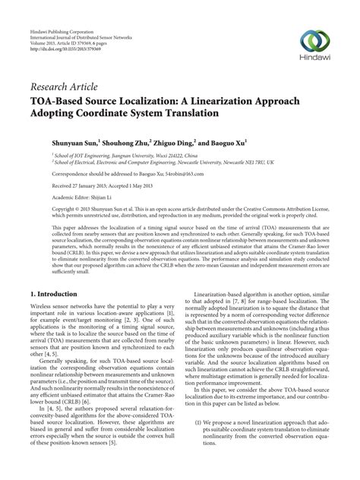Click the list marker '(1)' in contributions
[198, 442]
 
